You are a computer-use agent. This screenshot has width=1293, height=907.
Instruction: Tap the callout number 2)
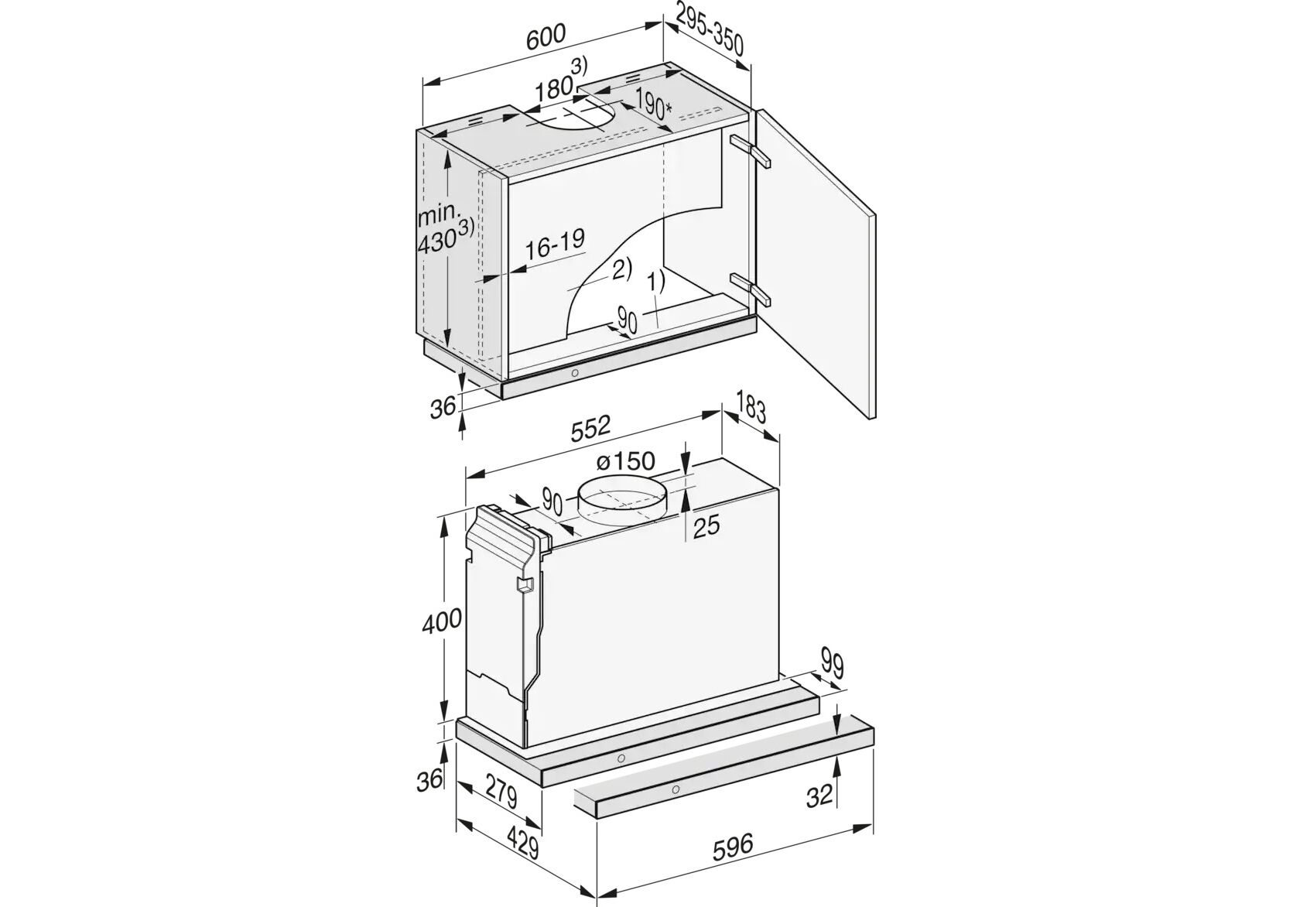coord(621,269)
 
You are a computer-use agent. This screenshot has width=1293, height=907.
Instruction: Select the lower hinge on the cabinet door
coord(750,290)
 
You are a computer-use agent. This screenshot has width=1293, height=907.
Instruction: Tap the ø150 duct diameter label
coord(625,461)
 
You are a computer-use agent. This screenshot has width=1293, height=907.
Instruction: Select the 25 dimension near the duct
coord(706,526)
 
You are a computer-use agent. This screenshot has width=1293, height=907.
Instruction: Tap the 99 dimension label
coord(831,665)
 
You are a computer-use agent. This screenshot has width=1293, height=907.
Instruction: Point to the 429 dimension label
coord(523,847)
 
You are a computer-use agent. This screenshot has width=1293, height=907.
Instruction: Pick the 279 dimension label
coord(501,793)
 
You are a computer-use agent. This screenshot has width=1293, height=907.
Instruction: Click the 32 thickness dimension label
coord(819,797)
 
